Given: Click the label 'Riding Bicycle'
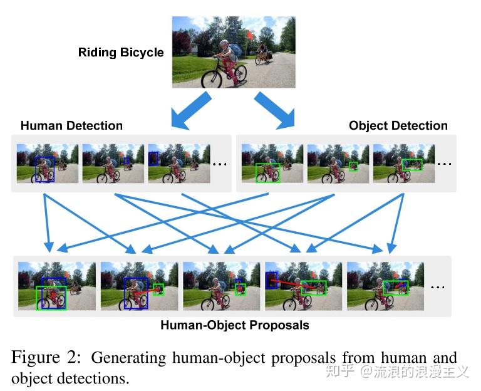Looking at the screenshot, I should tap(120, 53).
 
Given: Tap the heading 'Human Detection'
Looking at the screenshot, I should tap(71, 125).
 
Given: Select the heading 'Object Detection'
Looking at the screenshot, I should tap(398, 125).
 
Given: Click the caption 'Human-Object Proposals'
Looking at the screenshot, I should tap(234, 325).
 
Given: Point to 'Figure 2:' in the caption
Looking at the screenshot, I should tap(46, 358).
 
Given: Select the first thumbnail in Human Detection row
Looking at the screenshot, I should tap(48, 164).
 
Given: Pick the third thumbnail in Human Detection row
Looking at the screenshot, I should tap(178, 164).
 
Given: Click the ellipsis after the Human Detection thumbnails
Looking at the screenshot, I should tap(219, 164).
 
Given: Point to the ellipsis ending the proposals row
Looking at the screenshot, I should tap(437, 286).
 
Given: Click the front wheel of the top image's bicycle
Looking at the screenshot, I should tap(211, 80).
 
